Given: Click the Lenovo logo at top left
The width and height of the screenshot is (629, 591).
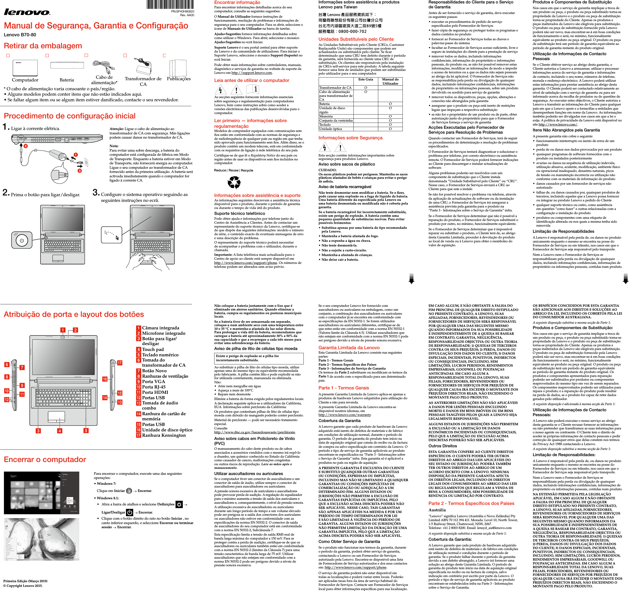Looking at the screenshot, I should [27, 12].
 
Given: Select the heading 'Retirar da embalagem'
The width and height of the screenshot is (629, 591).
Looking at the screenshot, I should [43, 46].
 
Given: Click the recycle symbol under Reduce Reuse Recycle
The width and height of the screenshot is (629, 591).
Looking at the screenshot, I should [234, 183].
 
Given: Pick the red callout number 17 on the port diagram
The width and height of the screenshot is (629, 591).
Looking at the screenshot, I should [120, 363].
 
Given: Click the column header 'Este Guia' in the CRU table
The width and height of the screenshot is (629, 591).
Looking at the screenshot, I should [365, 79].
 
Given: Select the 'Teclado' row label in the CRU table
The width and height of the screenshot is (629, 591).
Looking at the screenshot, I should [325, 125].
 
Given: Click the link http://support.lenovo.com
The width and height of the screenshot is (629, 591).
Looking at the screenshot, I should [252, 73].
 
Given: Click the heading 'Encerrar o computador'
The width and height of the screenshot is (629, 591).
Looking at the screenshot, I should [45, 459].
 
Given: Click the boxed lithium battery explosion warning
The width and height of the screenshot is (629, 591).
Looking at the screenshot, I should [259, 358].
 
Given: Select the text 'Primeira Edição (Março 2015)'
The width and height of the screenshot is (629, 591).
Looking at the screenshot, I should [25, 581].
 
